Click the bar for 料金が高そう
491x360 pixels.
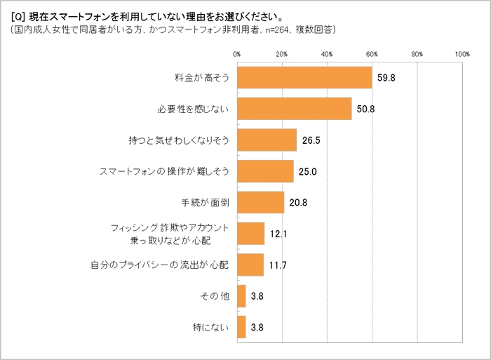coord(304,77)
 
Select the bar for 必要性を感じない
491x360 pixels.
coord(295,109)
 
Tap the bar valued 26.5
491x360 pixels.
coord(267,140)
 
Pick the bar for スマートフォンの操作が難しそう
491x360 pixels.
coord(265,171)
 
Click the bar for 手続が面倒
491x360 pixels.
coord(261,202)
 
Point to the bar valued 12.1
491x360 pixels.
coord(251,234)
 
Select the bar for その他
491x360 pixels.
coord(241,296)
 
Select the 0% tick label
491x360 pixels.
coord(237,54)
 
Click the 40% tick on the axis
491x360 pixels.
coord(327,54)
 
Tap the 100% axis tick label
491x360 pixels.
coord(462,54)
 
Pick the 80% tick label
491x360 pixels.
coord(417,54)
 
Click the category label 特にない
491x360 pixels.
coord(212,327)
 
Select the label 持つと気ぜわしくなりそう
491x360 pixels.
coord(180,140)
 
